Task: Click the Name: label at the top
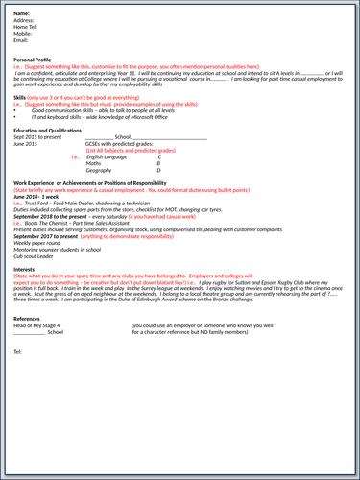click(22, 12)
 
